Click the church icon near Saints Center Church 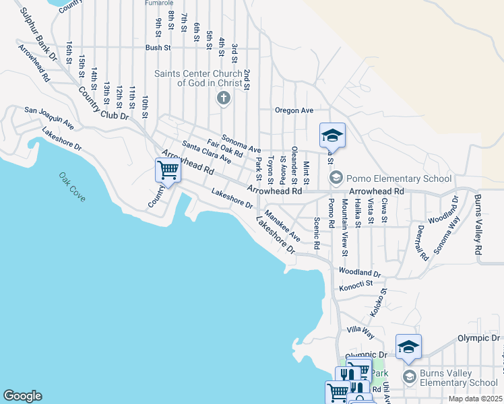pyautogui.click(x=223, y=100)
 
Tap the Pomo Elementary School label pyautogui.click(x=398, y=178)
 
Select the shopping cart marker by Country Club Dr pyautogui.click(x=168, y=170)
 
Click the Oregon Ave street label pyautogui.click(x=294, y=110)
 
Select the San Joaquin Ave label pyautogui.click(x=49, y=118)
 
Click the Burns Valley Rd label pyautogui.click(x=478, y=224)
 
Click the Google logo pyautogui.click(x=22, y=395)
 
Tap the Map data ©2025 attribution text pyautogui.click(x=475, y=399)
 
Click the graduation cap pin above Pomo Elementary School pyautogui.click(x=332, y=136)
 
